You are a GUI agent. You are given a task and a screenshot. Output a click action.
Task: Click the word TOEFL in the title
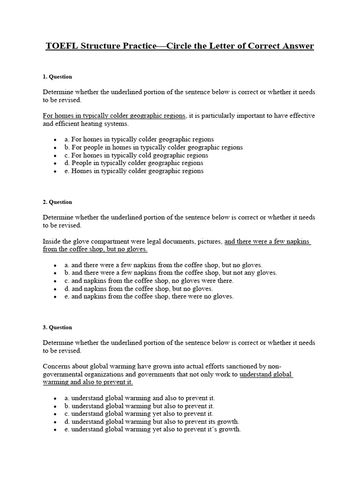61,46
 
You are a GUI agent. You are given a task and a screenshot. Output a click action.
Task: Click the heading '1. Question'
57,76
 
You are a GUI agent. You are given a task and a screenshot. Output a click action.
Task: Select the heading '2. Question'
57,202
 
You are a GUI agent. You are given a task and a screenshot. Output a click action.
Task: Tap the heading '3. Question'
57,327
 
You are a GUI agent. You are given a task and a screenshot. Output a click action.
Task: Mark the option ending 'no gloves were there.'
149,280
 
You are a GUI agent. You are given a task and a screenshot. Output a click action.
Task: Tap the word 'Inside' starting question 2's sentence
52,241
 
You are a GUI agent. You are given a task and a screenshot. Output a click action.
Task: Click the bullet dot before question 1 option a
55,140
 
